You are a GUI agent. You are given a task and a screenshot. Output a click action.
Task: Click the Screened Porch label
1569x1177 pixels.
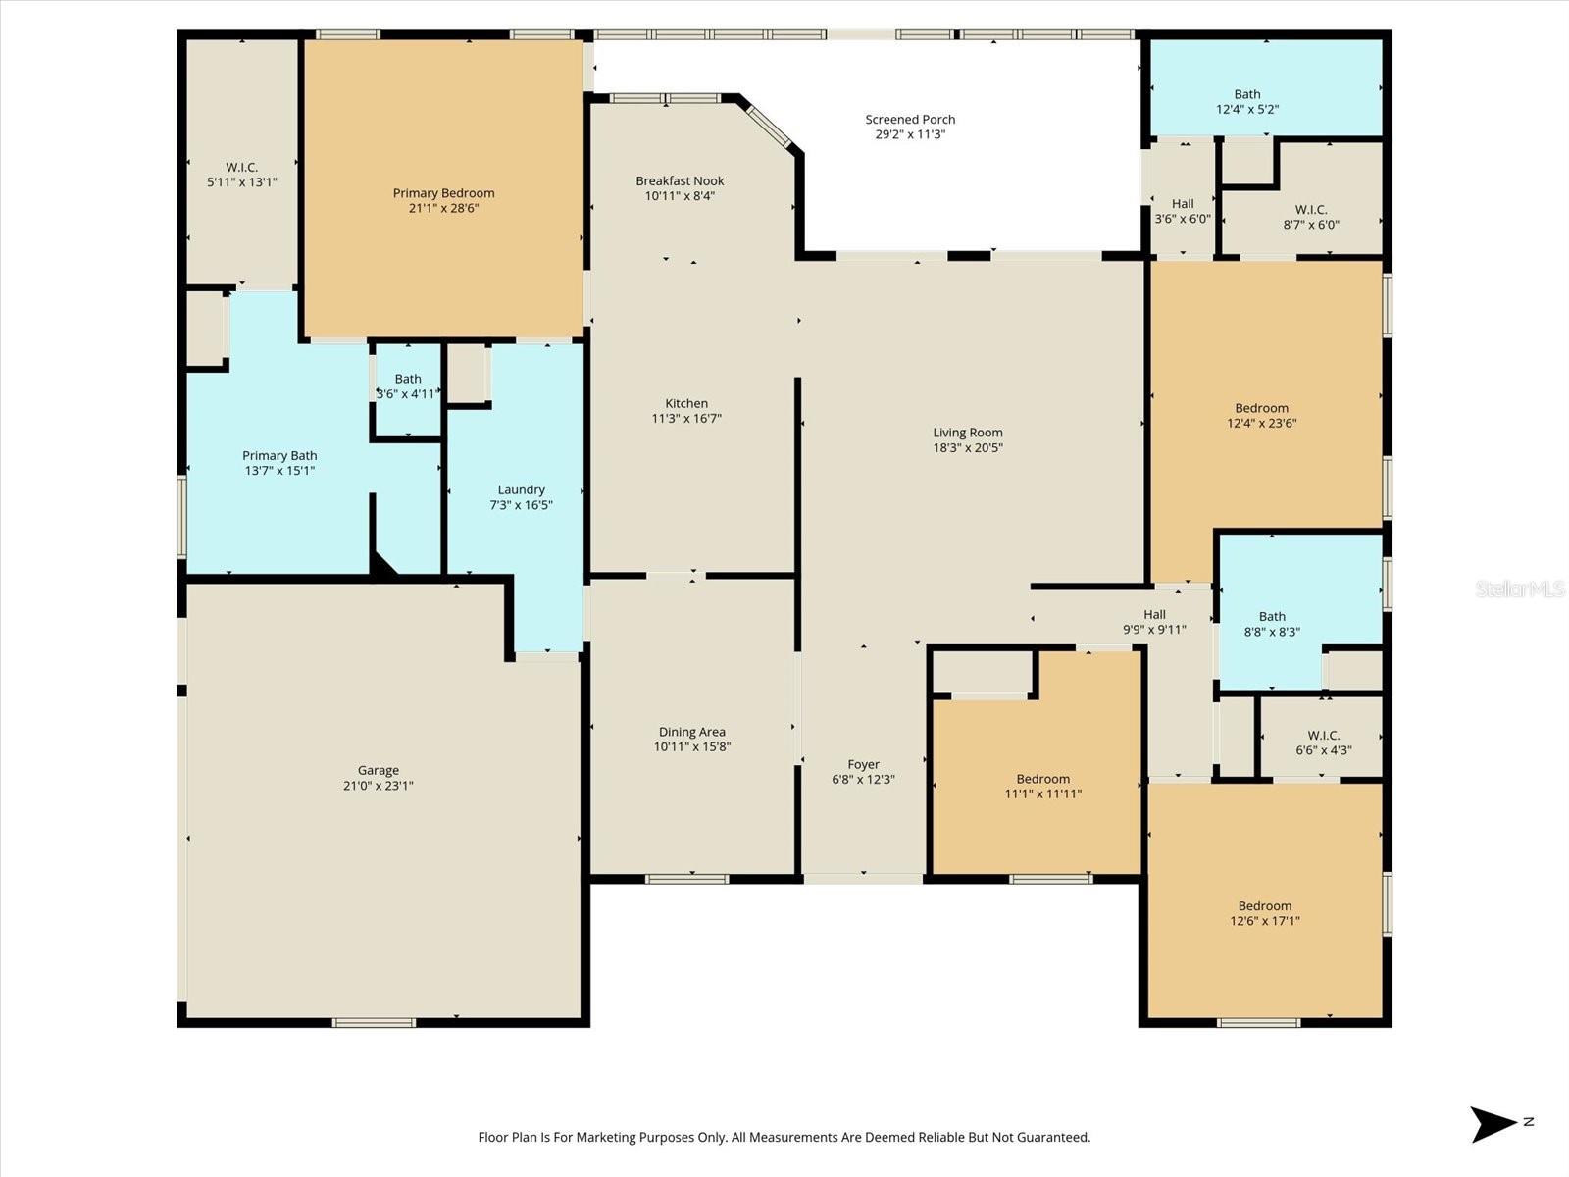tap(910, 120)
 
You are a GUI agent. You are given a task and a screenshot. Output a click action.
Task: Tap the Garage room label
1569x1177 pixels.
tap(378, 771)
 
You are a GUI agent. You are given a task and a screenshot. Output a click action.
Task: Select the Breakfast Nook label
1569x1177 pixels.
tap(680, 181)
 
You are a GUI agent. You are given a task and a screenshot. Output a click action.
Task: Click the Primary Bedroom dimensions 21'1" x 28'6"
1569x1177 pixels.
tap(443, 208)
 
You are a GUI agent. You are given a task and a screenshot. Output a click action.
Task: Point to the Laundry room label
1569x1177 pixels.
tap(521, 490)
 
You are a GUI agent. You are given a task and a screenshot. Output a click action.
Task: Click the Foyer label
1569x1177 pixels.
tap(863, 765)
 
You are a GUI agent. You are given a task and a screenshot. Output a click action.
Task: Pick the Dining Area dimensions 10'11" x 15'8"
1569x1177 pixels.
tap(692, 746)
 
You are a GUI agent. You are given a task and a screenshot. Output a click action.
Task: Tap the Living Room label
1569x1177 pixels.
tap(967, 433)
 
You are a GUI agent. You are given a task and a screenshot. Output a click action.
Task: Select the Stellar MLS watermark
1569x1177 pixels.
tap(1519, 588)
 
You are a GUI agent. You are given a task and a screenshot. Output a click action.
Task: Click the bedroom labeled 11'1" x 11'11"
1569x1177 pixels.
tap(1042, 787)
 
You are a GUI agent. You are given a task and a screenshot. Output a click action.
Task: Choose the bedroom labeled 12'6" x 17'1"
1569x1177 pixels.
tap(1264, 913)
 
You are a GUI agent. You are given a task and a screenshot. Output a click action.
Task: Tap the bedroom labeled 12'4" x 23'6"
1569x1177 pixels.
tap(1261, 416)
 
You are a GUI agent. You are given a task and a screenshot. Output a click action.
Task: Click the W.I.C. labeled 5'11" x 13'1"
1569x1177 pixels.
tap(241, 175)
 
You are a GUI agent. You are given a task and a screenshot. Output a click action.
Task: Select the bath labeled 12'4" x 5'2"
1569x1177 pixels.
tap(1247, 102)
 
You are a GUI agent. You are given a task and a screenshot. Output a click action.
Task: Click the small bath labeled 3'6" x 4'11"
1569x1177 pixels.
tap(408, 386)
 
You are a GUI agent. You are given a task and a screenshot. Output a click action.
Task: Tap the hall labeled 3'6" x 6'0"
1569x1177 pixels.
tap(1183, 212)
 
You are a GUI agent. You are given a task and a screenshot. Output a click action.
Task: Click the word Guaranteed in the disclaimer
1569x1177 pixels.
tap(1054, 1138)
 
